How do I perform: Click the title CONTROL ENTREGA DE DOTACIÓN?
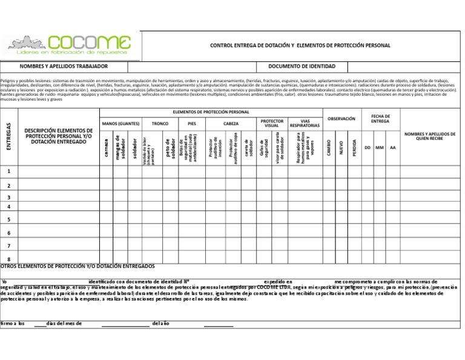300,45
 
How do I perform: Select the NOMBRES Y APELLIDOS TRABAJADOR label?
64,66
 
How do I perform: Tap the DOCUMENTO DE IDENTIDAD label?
302,66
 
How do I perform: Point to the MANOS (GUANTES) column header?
120,123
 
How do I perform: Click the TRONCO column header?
160,123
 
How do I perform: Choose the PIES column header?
192,123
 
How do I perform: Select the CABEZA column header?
231,123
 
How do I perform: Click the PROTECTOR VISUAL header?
272,123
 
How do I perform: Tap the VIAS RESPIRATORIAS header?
305,123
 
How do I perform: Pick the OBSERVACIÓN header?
341,119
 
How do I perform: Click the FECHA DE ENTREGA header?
380,119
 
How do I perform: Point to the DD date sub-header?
368,147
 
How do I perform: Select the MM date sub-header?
380,147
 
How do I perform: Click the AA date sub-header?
392,147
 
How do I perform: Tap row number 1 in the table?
9,172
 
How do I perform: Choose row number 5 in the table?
9,219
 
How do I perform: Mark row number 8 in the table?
9,259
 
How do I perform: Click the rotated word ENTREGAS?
9,136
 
